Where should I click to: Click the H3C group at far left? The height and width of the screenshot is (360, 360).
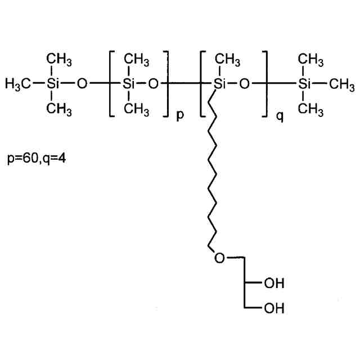[x=17, y=84]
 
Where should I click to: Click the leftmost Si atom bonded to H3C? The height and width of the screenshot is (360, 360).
[x=52, y=84]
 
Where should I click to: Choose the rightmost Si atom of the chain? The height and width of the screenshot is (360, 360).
[x=304, y=84]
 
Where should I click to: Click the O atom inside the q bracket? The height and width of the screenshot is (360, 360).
[x=244, y=84]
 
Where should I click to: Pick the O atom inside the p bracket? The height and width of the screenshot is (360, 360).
[x=153, y=84]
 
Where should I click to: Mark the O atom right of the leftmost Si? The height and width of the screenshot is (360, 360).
[x=82, y=84]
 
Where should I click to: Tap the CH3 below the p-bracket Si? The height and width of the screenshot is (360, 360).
[x=136, y=108]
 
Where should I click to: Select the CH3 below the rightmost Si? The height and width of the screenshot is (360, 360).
[x=311, y=108]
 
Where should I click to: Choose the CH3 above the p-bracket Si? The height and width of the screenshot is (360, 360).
[x=136, y=59]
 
